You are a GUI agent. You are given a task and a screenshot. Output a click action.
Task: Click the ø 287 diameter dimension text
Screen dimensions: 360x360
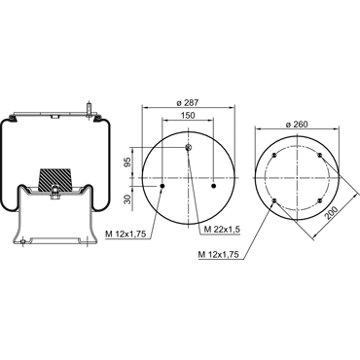188,103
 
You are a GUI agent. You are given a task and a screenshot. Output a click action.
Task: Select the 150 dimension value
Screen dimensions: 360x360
188,115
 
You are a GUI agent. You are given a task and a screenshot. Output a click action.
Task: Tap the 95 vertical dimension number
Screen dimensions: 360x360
128,162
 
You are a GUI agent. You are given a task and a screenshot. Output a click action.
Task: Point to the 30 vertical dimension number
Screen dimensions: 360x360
128,198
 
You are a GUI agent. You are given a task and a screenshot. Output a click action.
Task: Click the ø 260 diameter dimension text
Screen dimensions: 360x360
297,125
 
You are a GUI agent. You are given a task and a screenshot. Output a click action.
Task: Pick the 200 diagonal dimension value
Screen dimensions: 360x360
332,213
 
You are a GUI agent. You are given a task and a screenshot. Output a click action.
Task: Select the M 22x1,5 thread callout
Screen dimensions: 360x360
222,229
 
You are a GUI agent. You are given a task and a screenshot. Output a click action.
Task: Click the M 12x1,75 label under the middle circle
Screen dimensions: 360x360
126,234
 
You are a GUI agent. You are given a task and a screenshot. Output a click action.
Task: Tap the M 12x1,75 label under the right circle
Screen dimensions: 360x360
219,255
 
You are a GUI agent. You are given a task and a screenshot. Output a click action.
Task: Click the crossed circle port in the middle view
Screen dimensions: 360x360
189,148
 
